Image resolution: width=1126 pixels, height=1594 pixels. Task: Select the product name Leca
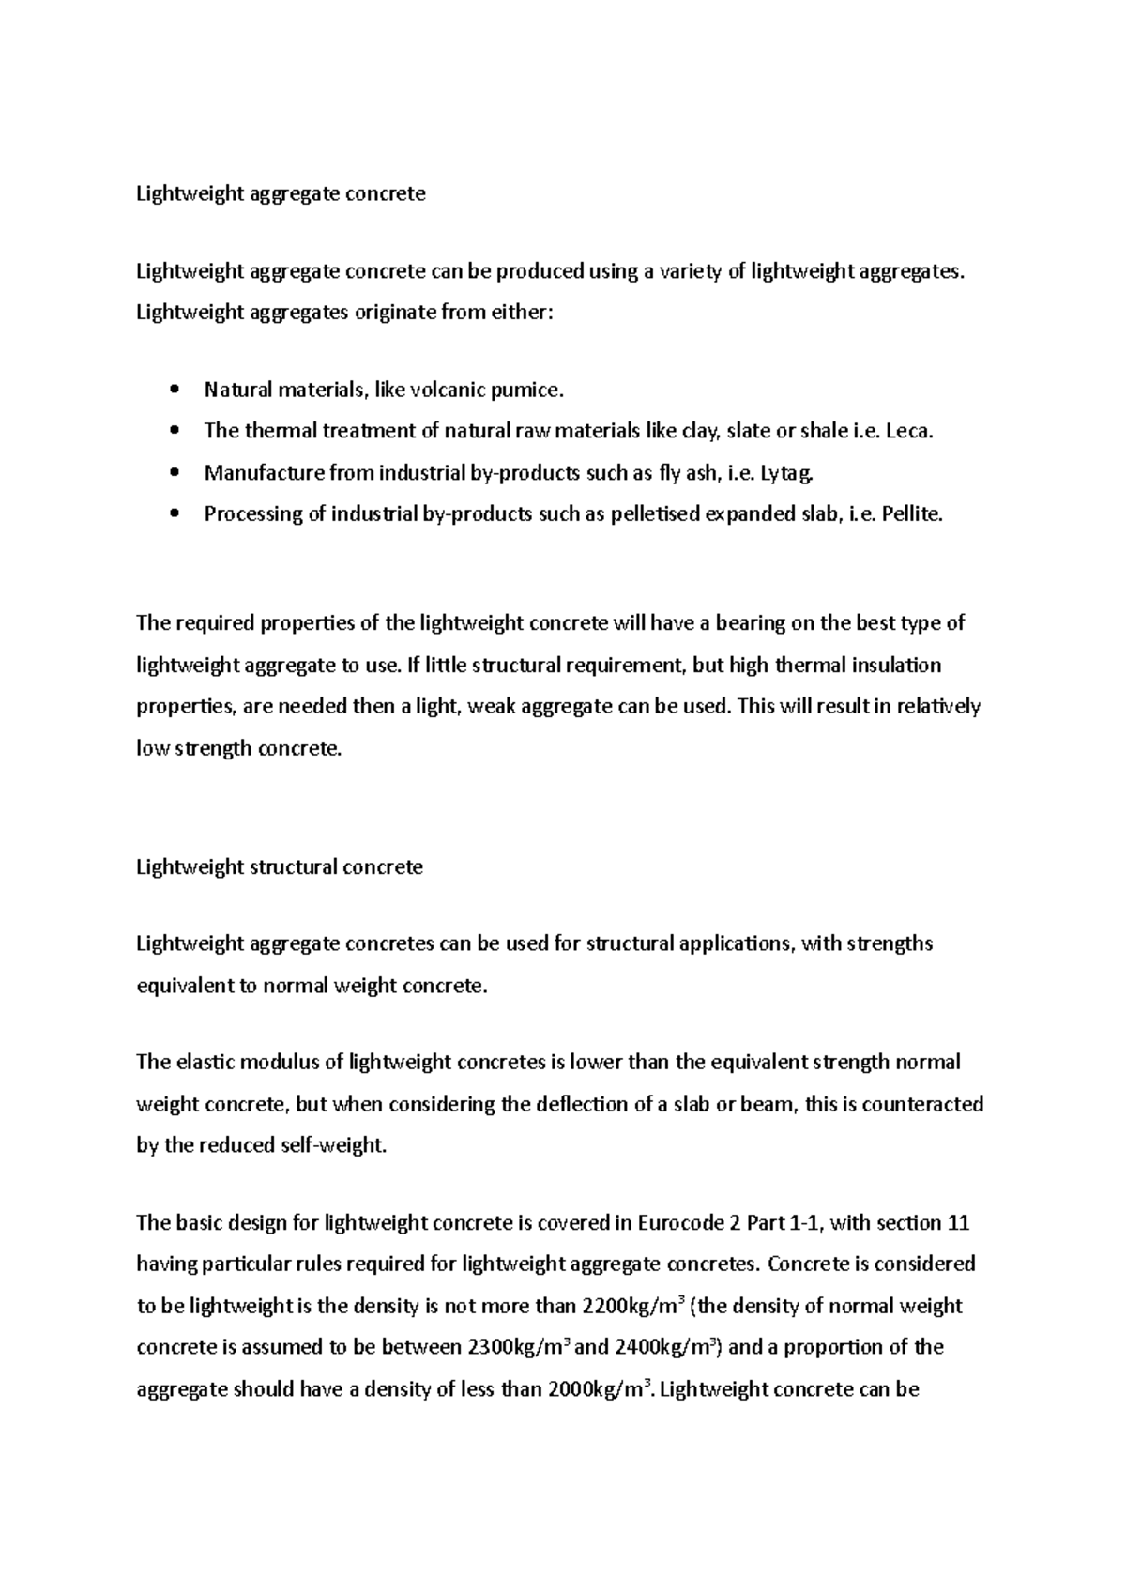click(909, 431)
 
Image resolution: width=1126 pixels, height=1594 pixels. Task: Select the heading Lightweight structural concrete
click(280, 866)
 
